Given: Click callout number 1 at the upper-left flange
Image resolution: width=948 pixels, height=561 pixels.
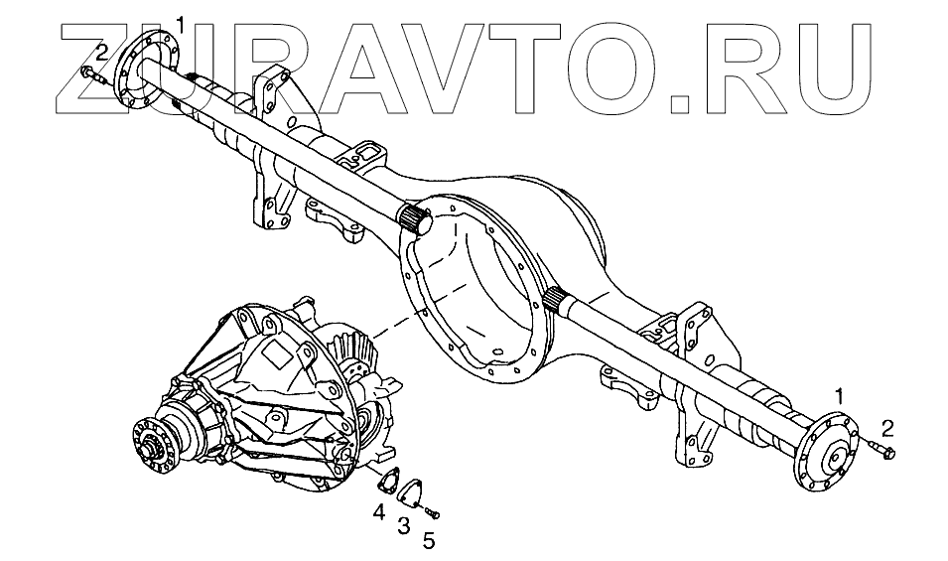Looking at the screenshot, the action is click(x=180, y=22).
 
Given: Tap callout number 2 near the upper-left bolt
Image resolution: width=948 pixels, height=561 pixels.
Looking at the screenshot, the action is click(x=101, y=52).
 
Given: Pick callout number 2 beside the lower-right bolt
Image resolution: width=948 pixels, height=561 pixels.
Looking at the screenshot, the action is click(x=887, y=428).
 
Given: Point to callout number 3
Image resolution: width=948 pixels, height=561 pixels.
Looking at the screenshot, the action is click(x=404, y=526).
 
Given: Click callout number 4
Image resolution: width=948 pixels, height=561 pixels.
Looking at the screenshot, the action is click(x=379, y=512).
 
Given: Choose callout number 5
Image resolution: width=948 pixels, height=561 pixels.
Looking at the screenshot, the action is click(x=429, y=541).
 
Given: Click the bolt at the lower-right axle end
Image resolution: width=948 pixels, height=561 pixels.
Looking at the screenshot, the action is click(x=882, y=452).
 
